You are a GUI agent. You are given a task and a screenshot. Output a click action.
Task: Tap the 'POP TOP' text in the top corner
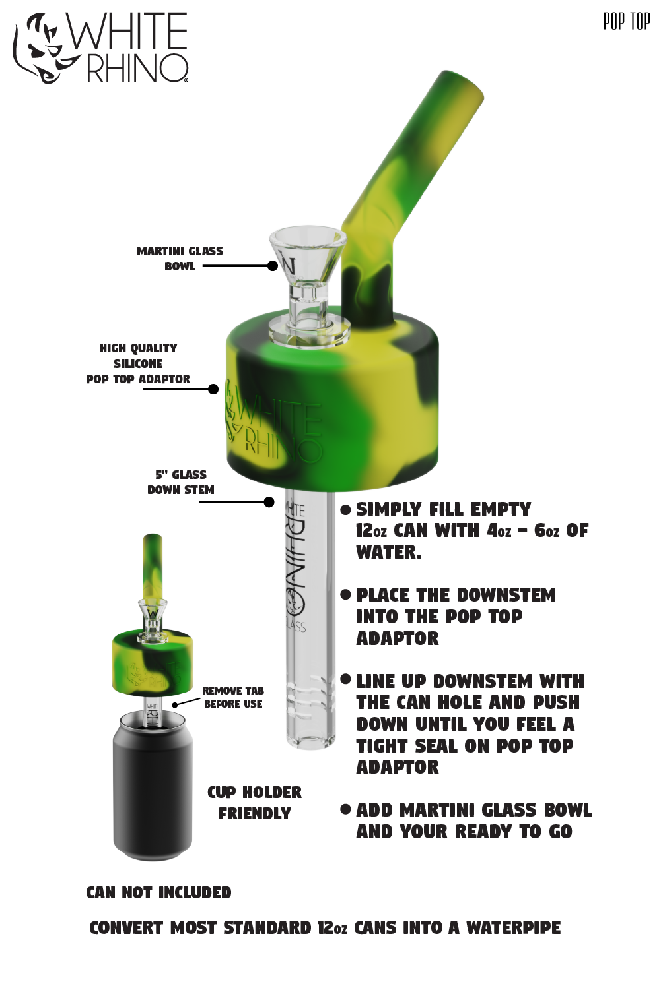pos(626,22)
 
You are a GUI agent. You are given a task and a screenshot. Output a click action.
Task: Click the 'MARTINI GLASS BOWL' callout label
pos(180,259)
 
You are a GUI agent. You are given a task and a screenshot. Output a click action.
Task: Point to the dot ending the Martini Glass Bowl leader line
pos(273,266)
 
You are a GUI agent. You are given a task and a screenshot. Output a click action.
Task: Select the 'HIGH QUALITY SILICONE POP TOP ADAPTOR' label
pos(138,363)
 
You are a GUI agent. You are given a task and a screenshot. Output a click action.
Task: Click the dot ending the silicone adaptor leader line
pos(213,389)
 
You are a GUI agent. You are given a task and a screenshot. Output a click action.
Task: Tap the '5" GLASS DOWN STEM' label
pos(180,482)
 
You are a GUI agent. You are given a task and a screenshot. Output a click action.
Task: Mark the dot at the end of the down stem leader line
pos(269,502)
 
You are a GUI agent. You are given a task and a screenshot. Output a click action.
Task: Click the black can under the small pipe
pos(153,785)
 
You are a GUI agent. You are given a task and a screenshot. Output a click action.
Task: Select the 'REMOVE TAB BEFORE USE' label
pos(233,697)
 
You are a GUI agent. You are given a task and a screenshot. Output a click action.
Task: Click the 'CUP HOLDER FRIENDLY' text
pos(254,803)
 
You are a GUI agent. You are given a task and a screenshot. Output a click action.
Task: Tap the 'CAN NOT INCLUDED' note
pos(158,892)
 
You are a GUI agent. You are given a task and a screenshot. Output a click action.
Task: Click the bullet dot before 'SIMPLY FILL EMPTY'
pos(345,510)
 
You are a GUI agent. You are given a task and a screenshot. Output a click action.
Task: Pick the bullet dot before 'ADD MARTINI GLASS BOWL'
pos(345,809)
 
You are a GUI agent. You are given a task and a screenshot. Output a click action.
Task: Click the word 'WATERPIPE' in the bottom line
pos(513,928)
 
